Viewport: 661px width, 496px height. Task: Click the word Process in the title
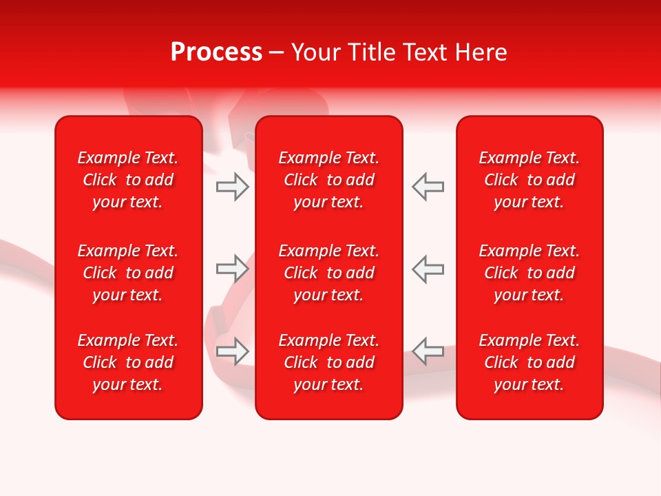[216, 52]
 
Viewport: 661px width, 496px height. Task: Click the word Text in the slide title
[423, 52]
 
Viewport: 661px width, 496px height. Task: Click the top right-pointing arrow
[232, 187]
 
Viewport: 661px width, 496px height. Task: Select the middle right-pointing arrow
[232, 269]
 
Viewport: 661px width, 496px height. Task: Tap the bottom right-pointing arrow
[232, 351]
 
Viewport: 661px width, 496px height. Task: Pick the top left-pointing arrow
[428, 187]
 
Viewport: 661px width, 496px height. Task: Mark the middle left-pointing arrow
[428, 269]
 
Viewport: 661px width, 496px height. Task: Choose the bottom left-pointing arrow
[428, 351]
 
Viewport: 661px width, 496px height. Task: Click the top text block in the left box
[128, 180]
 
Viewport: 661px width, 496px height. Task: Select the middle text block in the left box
[128, 273]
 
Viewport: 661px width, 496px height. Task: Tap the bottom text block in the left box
[128, 362]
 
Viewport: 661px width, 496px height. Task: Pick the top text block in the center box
[329, 180]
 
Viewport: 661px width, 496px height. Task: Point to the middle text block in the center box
[329, 273]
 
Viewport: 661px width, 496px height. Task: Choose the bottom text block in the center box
[329, 362]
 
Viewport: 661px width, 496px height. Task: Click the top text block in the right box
[529, 180]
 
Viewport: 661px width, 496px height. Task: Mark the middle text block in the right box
[529, 273]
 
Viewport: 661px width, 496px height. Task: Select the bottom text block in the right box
[529, 362]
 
